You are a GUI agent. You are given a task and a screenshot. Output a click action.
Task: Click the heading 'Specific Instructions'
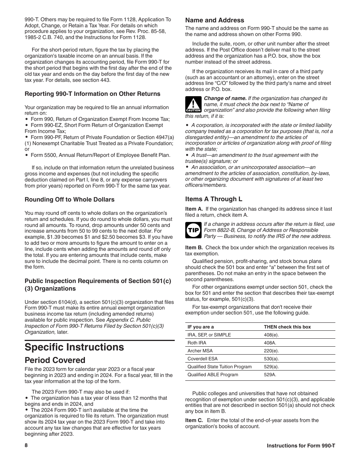(x=74, y=347)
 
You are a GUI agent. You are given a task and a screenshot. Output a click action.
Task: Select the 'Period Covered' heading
(x=55, y=360)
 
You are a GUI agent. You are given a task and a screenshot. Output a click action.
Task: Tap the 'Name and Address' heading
(x=214, y=20)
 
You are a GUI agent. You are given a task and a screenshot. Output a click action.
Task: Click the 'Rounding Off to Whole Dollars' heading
(x=69, y=200)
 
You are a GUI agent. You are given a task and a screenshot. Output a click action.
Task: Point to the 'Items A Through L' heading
(x=214, y=199)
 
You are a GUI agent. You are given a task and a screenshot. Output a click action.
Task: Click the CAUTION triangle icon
(x=193, y=105)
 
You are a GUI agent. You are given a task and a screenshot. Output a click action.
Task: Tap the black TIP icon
(x=193, y=230)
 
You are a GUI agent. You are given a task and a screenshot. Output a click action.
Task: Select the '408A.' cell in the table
(x=270, y=343)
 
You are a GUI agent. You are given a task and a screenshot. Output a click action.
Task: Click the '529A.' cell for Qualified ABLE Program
(x=270, y=375)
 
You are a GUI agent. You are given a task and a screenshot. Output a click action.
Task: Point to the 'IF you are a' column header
(x=200, y=327)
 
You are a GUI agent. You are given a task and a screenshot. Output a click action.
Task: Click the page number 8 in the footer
(x=26, y=446)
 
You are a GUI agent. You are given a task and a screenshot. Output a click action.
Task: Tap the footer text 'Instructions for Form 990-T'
(x=301, y=446)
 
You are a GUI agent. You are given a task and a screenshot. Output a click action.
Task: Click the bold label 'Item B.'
(x=194, y=247)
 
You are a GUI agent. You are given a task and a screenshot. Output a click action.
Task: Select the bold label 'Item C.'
(x=194, y=420)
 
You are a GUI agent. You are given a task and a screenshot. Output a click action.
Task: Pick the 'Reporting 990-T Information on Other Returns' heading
(x=92, y=94)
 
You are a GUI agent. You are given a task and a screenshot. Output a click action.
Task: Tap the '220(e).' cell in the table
(x=271, y=351)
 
